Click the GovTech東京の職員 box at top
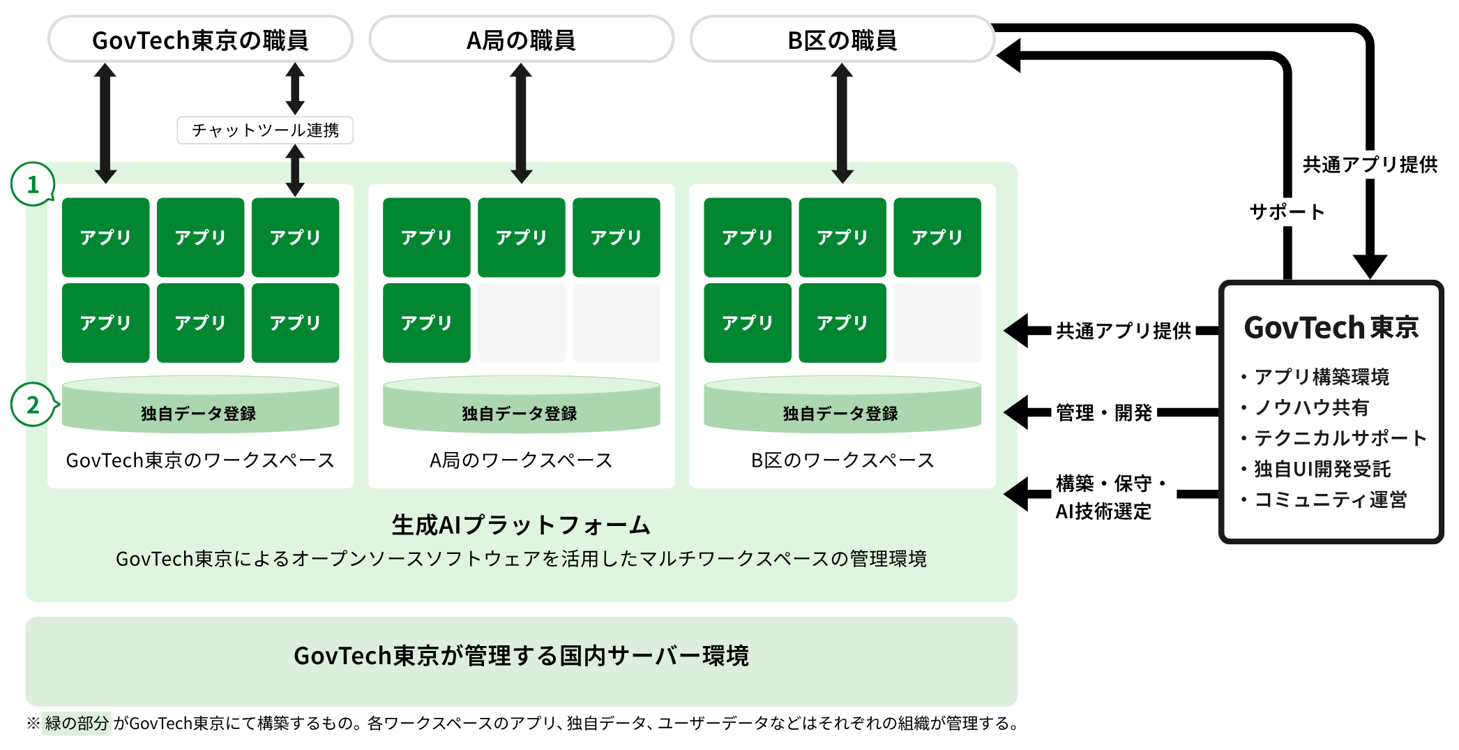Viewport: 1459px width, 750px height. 200,40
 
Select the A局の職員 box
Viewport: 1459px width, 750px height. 521,40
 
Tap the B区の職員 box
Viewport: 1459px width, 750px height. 842,40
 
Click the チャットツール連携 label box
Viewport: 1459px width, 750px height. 265,130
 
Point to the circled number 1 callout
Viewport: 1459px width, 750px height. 32,184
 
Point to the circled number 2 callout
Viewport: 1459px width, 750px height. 32,405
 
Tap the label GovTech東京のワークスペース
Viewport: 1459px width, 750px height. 200,460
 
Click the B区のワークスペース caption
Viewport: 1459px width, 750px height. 842,460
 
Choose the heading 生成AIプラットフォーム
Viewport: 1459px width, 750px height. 521,525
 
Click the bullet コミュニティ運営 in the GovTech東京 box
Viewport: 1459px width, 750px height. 1330,500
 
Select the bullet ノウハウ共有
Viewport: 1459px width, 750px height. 1311,407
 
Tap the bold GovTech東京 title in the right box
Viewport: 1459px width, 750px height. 1331,327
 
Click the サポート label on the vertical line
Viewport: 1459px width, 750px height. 1287,212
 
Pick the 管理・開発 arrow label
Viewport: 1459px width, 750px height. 1103,413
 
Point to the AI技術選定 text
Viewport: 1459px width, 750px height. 1103,511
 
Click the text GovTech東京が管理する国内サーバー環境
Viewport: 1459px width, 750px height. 521,656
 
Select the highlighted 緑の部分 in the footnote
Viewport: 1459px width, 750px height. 77,723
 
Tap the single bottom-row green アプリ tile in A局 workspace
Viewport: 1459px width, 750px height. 426,322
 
